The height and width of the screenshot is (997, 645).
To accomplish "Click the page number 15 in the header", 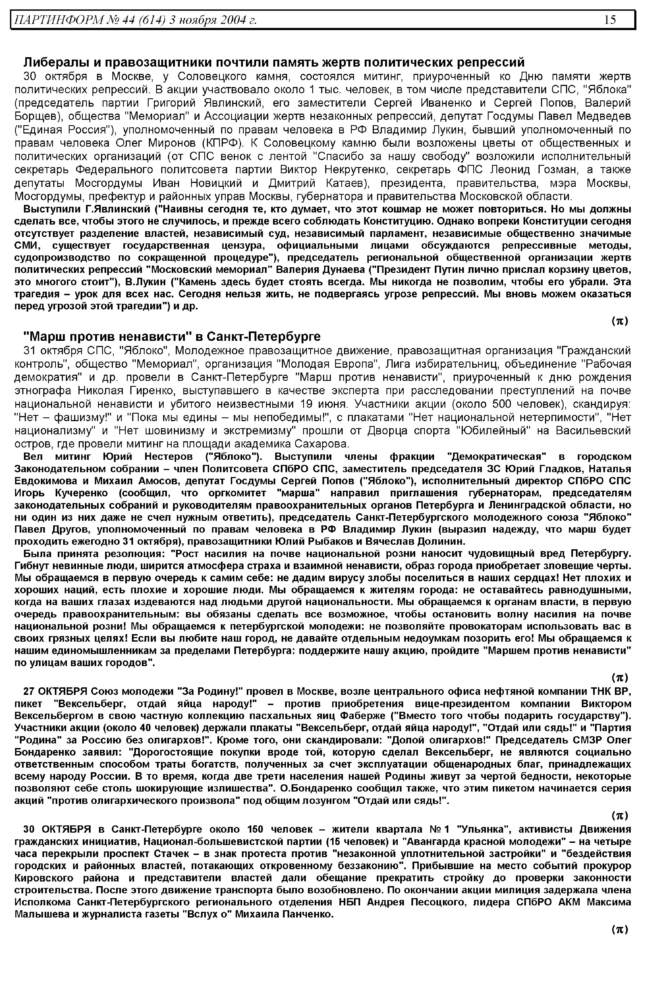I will [x=610, y=20].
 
